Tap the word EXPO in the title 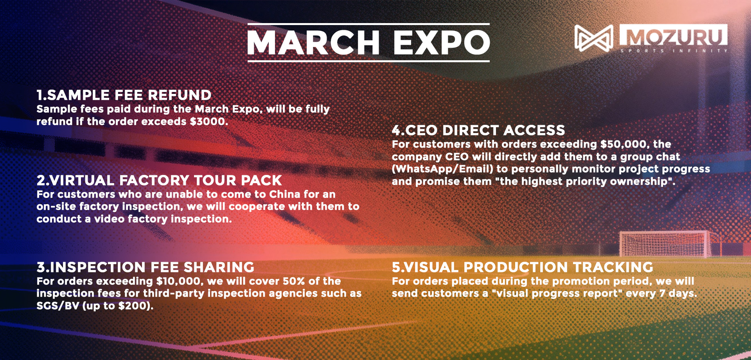pos(442,42)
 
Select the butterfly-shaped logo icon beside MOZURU pos(594,38)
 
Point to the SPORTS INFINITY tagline pos(674,51)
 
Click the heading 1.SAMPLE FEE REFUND pos(124,95)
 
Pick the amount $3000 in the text pos(207,121)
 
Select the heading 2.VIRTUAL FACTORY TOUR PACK pos(159,180)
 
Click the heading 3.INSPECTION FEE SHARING pos(146,267)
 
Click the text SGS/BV pos(58,306)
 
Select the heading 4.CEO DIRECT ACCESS pos(479,130)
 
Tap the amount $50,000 pos(623,144)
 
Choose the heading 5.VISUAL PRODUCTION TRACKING pos(523,267)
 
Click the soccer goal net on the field pos(664,244)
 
